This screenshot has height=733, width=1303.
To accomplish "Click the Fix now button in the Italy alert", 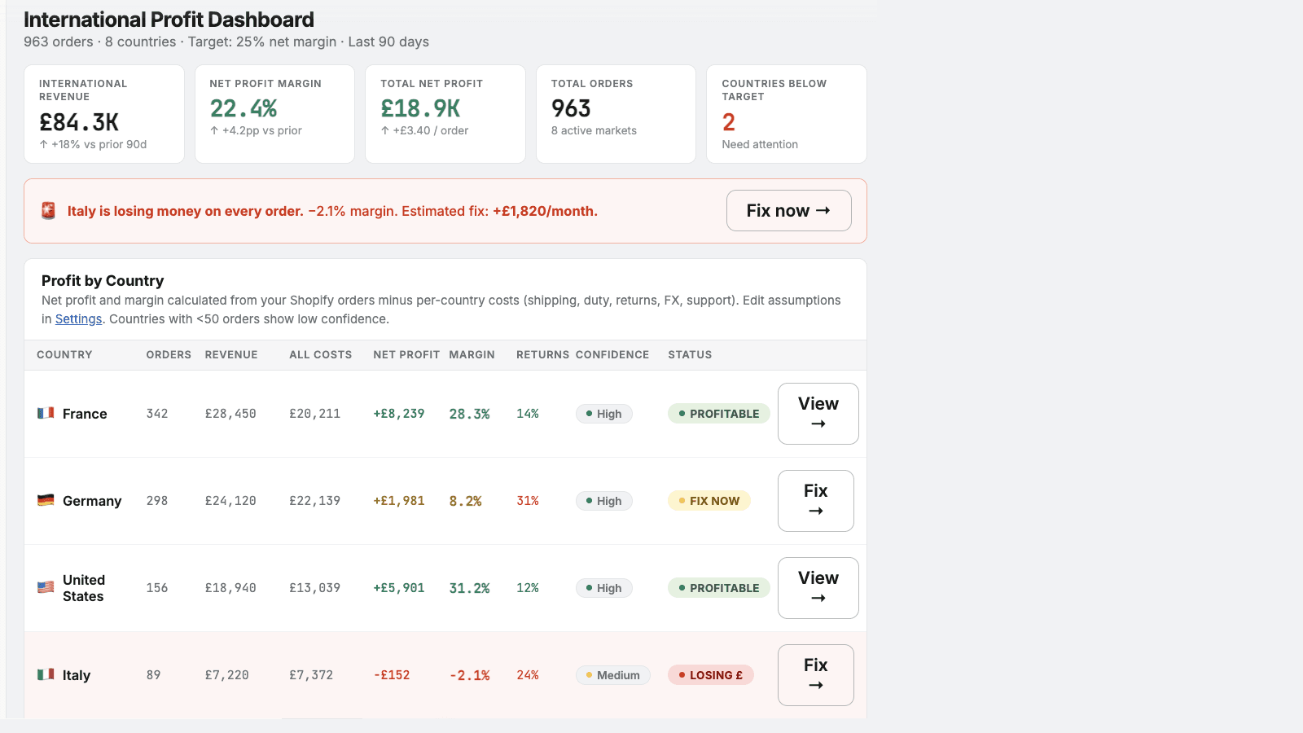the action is tap(789, 211).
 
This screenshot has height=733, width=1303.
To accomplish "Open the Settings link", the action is tap(78, 318).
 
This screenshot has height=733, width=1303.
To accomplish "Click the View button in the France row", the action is tap(818, 414).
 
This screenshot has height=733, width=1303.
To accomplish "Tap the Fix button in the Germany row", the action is tap(815, 501).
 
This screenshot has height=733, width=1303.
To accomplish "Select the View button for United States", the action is tap(818, 588).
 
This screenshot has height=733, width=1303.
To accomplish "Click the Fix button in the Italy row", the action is tap(815, 675).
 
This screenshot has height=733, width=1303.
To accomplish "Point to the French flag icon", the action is tap(46, 413).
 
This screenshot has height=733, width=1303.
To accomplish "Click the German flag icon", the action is tap(46, 500).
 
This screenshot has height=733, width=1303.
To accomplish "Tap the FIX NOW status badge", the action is tap(709, 501).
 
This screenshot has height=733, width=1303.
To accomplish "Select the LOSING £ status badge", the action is tap(710, 675).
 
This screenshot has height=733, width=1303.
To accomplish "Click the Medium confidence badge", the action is tap(612, 675).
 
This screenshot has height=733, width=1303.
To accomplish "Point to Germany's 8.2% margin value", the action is tap(465, 501).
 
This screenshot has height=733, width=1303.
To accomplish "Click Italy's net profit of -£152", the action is tap(392, 675).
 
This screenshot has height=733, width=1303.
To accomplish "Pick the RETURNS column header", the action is tap(542, 355).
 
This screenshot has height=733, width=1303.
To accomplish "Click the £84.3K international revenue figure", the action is tap(78, 122).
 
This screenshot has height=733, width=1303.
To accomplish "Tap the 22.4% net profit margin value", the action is tap(243, 109).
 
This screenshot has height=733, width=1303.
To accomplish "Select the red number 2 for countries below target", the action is tap(728, 122).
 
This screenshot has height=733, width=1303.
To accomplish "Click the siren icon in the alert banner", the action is tap(48, 211).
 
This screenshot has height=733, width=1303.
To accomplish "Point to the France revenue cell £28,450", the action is tap(230, 414).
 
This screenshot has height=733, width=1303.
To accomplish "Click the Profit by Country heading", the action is tap(103, 281).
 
